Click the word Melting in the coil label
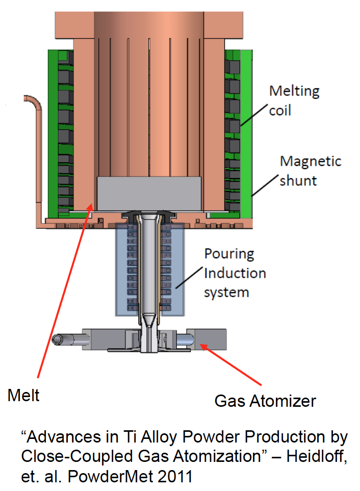[294, 92]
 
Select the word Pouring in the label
[229, 254]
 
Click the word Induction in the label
[235, 273]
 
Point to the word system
[226, 292]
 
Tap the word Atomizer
[287, 401]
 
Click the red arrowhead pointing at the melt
[91, 206]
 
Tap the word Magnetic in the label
[311, 161]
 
